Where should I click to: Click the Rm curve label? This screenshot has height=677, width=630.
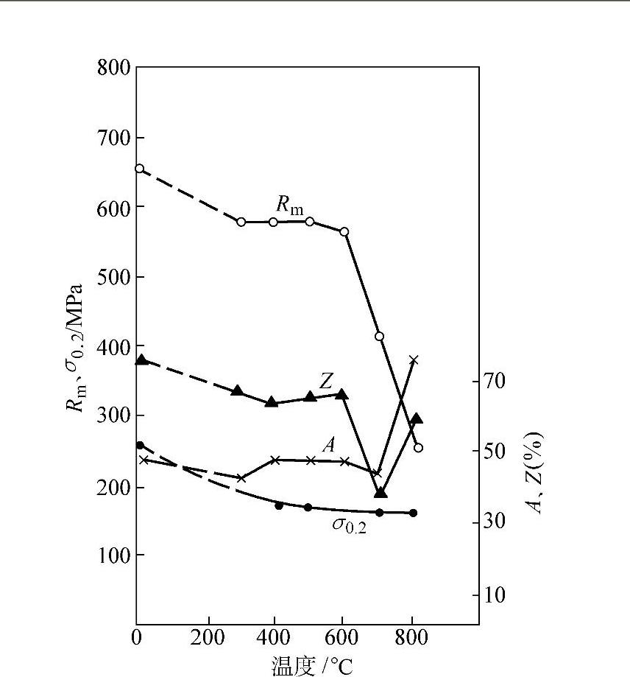pos(289,204)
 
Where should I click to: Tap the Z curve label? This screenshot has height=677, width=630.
pos(328,380)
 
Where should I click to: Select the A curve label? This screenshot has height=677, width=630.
pos(328,444)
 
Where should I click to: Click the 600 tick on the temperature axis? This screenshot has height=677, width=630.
pos(341,638)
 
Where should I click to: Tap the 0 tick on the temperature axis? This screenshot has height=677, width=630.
pos(137,638)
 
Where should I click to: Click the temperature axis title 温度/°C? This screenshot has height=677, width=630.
pos(312,667)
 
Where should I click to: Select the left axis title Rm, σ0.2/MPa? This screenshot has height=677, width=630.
pos(79,346)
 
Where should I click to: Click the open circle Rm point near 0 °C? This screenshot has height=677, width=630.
pos(139,169)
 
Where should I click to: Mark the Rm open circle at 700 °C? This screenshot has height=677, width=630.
pos(380,336)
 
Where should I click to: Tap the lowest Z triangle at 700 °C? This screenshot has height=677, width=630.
pos(381,493)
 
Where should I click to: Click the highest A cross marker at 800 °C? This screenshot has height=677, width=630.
pos(414,359)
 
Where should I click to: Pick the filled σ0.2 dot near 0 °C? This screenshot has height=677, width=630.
pos(141,445)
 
